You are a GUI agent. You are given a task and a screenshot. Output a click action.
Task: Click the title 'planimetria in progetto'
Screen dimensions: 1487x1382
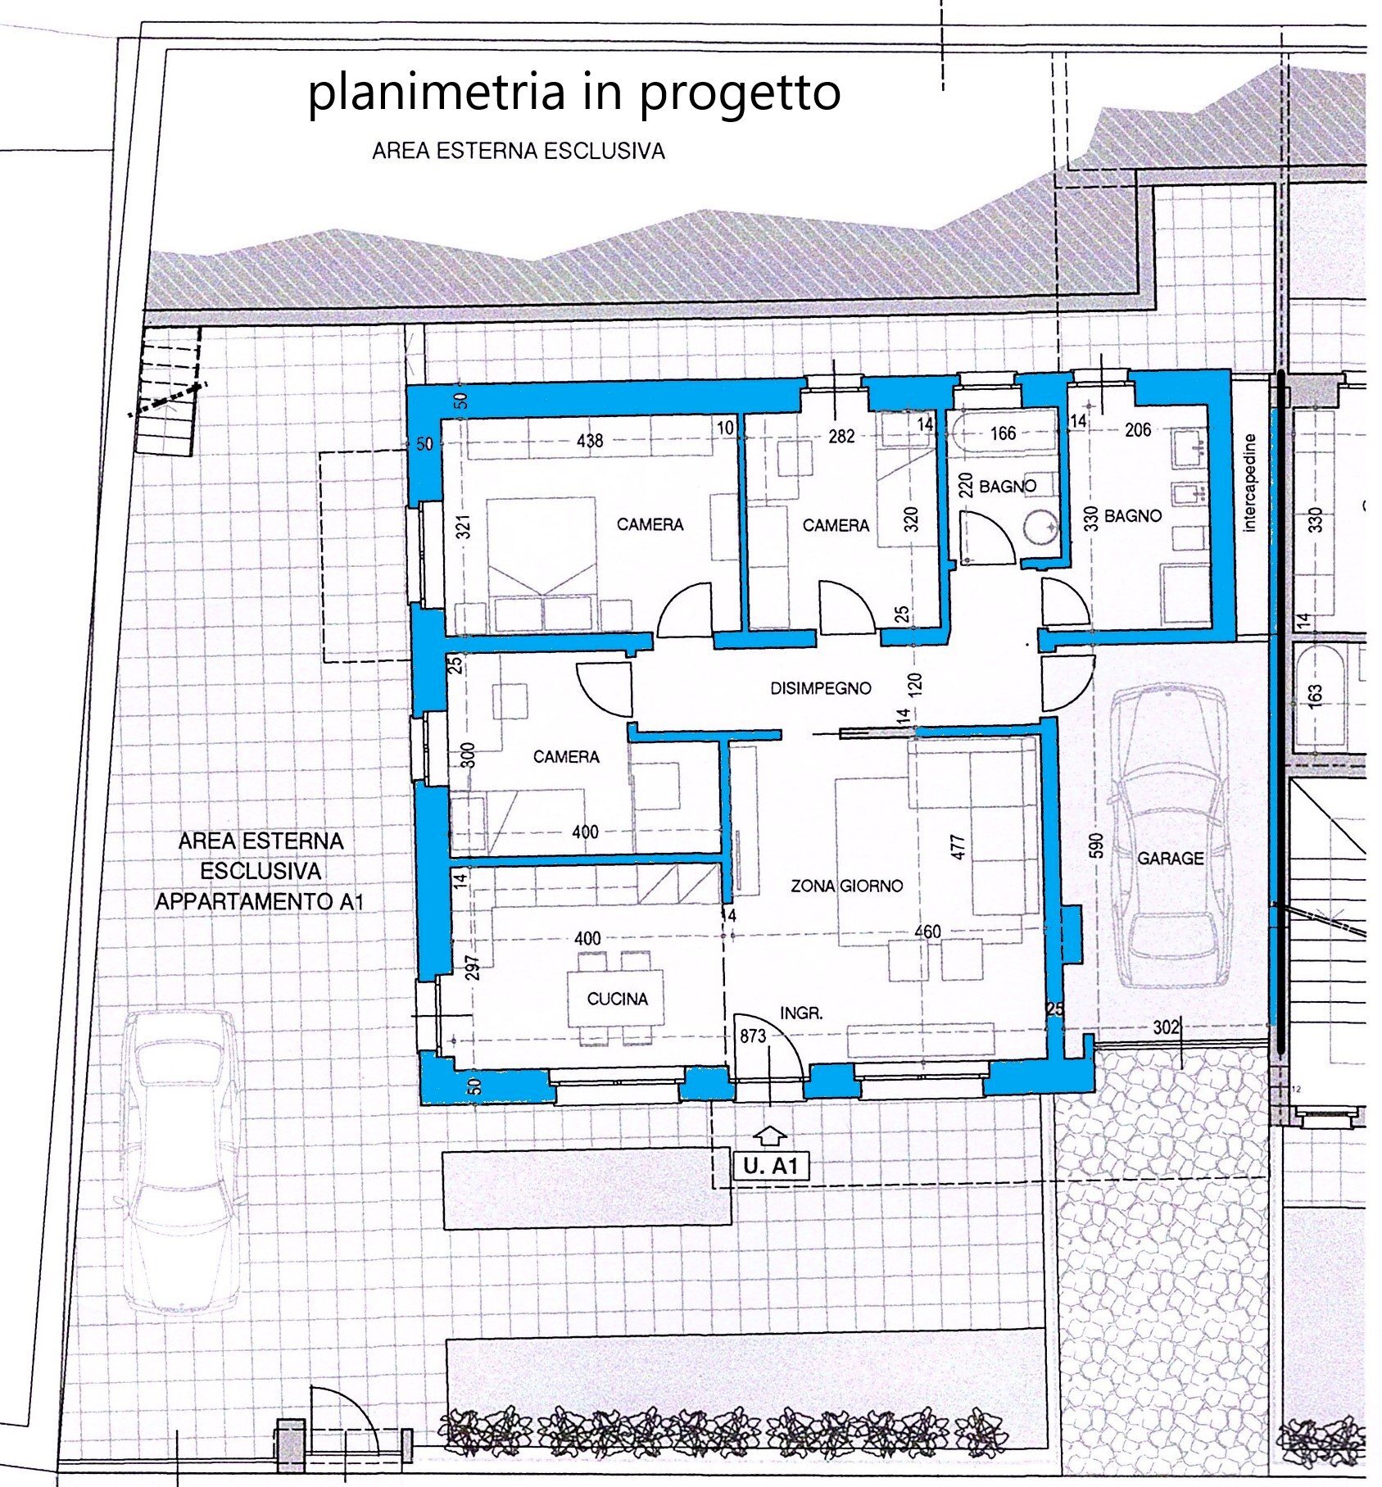[573, 93]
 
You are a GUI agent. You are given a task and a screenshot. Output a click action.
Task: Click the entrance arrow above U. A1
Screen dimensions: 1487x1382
[769, 1136]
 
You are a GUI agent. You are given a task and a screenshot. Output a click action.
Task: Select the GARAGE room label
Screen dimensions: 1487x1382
[1170, 858]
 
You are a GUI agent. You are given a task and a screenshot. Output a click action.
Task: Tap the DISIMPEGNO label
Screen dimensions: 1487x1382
[820, 688]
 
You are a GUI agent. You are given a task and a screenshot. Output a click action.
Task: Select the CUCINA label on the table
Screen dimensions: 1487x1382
[617, 999]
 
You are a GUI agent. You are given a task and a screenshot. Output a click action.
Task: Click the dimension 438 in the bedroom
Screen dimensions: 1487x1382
[589, 441]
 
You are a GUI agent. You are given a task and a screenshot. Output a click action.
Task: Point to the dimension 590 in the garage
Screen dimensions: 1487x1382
[1097, 845]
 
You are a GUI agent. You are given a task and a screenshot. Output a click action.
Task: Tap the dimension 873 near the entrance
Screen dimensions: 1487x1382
[752, 1036]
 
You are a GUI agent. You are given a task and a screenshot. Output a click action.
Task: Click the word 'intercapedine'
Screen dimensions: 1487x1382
[1249, 483]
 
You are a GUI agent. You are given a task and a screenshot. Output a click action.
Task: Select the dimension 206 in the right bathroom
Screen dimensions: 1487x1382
[1138, 429]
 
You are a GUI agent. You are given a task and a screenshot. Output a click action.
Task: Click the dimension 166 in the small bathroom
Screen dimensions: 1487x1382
[1003, 433]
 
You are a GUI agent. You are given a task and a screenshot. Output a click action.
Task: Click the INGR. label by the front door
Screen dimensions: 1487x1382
[800, 1013]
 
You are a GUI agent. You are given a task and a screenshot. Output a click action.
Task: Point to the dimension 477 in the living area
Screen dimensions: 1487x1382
[959, 846]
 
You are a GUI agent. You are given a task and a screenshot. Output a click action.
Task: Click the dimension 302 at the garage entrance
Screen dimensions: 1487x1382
[1165, 1027]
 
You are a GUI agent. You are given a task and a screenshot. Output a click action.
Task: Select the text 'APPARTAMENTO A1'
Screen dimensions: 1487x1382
[260, 902]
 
